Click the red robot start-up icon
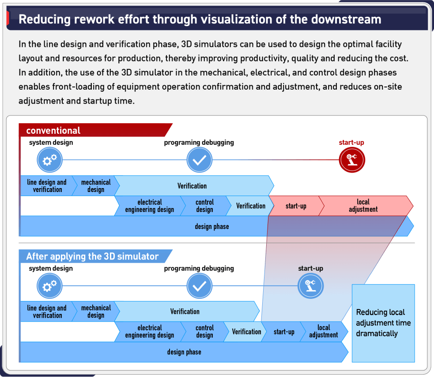pos(352,160)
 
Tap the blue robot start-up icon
pos(311,286)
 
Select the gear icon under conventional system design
pos(50,160)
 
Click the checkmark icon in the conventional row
pos(200,160)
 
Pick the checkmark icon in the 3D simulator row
pos(200,286)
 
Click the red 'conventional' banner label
pos(53,130)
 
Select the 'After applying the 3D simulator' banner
pos(92,256)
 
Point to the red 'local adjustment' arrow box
pos(363,206)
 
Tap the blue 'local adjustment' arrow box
pos(324,332)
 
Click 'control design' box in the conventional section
pos(204,206)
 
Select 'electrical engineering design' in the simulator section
pos(150,332)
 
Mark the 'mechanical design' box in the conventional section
pos(95,186)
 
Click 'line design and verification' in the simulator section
pos(47,312)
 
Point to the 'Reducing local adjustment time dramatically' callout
pos(383,323)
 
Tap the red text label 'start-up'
pos(351,143)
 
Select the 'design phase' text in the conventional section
pos(212,226)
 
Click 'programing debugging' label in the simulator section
pos(199,268)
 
